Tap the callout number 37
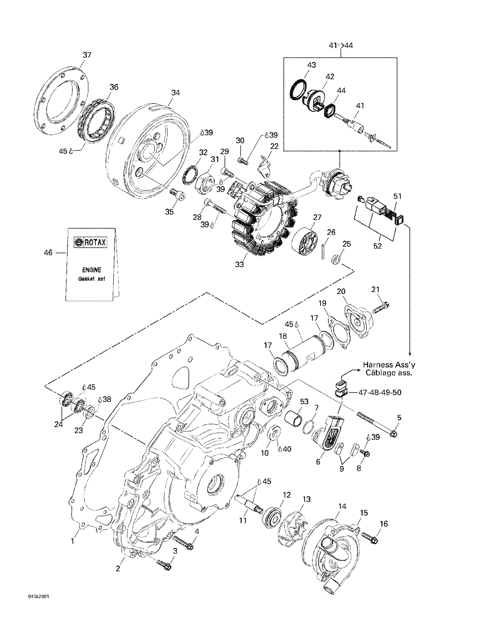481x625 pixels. coord(87,55)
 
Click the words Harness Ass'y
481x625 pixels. coord(389,365)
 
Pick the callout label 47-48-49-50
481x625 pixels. coord(380,393)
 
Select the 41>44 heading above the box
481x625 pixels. coord(341,46)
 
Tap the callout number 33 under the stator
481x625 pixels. coord(240,264)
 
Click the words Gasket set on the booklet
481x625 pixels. coord(91,279)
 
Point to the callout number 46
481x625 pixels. coord(48,253)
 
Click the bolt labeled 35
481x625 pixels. coord(178,195)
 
